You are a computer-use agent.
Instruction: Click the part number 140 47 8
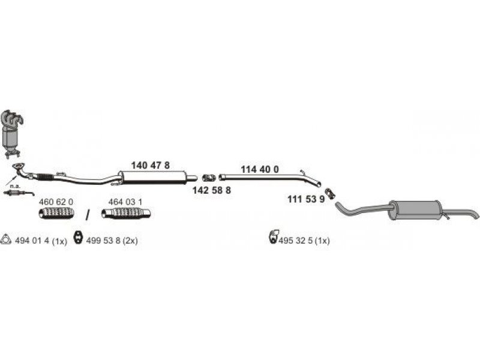click(x=150, y=166)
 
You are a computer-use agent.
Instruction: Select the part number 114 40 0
click(x=260, y=169)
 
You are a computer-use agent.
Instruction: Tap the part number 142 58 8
click(x=212, y=190)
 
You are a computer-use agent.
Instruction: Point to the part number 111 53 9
click(x=306, y=199)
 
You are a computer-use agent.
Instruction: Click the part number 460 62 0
click(x=56, y=202)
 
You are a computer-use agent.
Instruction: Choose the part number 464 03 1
click(x=125, y=202)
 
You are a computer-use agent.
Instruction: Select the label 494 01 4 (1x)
click(x=41, y=241)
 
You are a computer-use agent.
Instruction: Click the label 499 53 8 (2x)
click(x=112, y=241)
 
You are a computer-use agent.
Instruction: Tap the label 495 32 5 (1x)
click(x=304, y=241)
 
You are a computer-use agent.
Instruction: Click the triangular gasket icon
click(x=6, y=239)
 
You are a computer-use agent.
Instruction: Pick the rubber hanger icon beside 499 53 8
click(x=79, y=238)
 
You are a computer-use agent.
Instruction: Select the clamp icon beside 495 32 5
click(x=274, y=236)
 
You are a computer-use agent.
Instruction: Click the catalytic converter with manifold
click(x=11, y=134)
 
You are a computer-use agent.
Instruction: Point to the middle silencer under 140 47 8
click(x=153, y=178)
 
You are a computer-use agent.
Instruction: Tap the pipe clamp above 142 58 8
click(x=209, y=178)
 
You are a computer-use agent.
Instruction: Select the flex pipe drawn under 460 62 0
click(x=56, y=213)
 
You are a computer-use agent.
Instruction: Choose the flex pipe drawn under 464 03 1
click(x=126, y=214)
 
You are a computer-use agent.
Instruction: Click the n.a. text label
click(x=14, y=186)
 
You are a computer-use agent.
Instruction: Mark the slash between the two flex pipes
click(x=88, y=214)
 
